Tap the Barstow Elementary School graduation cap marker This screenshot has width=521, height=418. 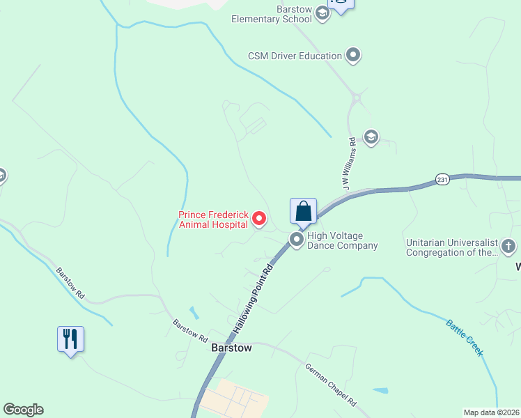(322, 13)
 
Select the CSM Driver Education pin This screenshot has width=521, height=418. (354, 55)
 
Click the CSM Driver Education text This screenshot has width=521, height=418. (295, 56)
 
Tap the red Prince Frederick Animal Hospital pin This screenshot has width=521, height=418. (259, 219)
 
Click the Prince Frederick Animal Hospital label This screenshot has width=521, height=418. (213, 219)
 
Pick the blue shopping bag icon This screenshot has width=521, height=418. (303, 211)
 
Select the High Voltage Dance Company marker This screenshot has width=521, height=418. (297, 240)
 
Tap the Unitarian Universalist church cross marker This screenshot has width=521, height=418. (509, 246)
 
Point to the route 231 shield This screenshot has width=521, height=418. (443, 179)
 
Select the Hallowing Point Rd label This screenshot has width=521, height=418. (250, 298)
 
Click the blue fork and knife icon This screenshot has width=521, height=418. (70, 339)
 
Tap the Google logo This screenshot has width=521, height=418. (23, 410)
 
